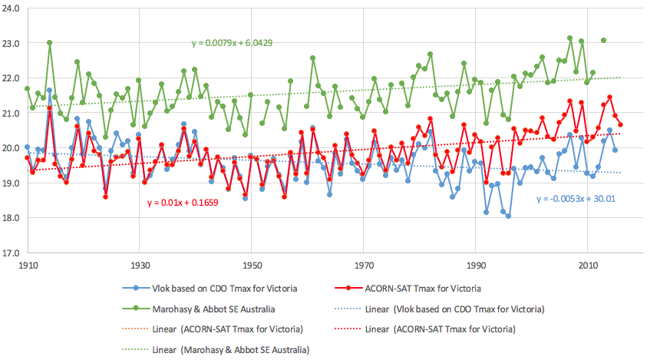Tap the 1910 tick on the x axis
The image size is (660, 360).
[28, 264]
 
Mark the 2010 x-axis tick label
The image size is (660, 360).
[587, 264]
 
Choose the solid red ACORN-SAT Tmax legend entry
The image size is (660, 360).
[432, 289]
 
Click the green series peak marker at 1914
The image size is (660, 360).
[50, 43]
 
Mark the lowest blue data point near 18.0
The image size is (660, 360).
[508, 216]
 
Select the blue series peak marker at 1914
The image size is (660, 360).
[50, 91]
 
